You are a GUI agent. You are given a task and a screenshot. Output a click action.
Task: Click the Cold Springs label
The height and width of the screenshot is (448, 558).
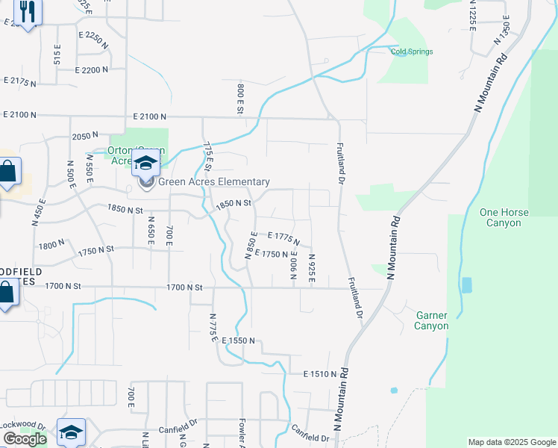(412, 52)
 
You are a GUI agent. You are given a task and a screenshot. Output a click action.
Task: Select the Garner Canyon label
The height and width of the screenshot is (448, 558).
(432, 320)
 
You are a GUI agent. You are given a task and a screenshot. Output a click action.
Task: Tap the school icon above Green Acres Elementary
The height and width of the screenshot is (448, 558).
(145, 164)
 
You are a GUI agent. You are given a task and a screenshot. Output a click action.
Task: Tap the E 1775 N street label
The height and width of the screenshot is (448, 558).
(283, 238)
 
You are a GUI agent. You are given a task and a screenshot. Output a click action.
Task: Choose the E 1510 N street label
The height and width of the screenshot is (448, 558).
(322, 373)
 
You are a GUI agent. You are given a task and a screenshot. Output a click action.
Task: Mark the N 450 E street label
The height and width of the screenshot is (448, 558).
(40, 212)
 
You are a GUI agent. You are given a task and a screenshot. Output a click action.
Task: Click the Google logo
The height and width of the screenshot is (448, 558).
(24, 439)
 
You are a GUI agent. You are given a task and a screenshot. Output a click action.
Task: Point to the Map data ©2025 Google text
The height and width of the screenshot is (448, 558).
(511, 442)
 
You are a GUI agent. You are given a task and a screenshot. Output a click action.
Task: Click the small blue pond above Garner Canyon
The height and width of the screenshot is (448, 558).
(466, 284)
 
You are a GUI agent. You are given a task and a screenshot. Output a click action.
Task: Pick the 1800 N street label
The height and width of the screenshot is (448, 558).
(53, 246)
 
